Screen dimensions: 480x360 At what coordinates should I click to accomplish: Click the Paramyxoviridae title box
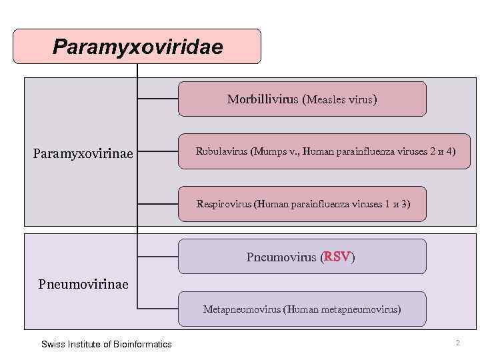(137, 46)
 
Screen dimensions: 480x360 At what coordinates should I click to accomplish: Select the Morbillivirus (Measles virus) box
(301, 99)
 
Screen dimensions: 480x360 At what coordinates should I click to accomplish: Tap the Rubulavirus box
(325, 151)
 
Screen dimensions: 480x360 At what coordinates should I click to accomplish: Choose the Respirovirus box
(303, 203)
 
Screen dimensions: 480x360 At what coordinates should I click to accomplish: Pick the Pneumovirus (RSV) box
(301, 257)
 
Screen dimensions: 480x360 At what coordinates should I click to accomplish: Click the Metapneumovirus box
(301, 309)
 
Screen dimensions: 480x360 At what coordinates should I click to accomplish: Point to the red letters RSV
(337, 257)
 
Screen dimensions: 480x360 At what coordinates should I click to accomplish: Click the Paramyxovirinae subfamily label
(83, 154)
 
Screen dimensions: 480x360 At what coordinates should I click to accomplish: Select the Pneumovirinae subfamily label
(83, 285)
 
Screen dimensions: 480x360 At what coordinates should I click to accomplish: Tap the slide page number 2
(457, 343)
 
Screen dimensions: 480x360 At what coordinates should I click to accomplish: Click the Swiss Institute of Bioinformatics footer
(107, 344)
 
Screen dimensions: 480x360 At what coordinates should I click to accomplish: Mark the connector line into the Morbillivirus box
(157, 99)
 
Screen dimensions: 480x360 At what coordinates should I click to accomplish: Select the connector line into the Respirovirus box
(157, 203)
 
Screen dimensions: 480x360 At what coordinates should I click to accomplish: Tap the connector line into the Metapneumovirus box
(157, 309)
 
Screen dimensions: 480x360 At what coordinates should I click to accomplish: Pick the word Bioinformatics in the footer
(142, 344)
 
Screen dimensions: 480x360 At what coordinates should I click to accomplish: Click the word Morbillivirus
(264, 100)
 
